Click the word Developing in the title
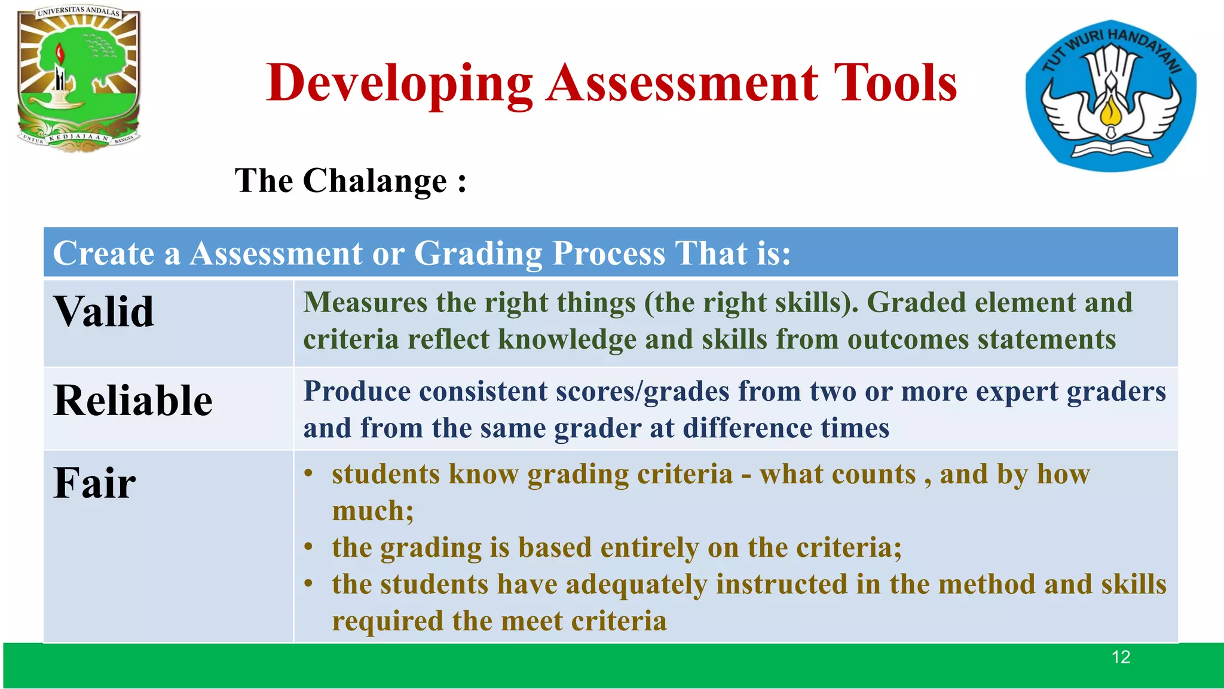[x=399, y=84]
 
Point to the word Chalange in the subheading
[x=375, y=181]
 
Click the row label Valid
[x=104, y=312]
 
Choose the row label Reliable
[x=133, y=400]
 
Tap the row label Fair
[x=94, y=483]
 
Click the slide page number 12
[x=1121, y=657]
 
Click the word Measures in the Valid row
[x=365, y=303]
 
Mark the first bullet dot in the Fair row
[x=308, y=474]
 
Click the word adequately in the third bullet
[x=636, y=585]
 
